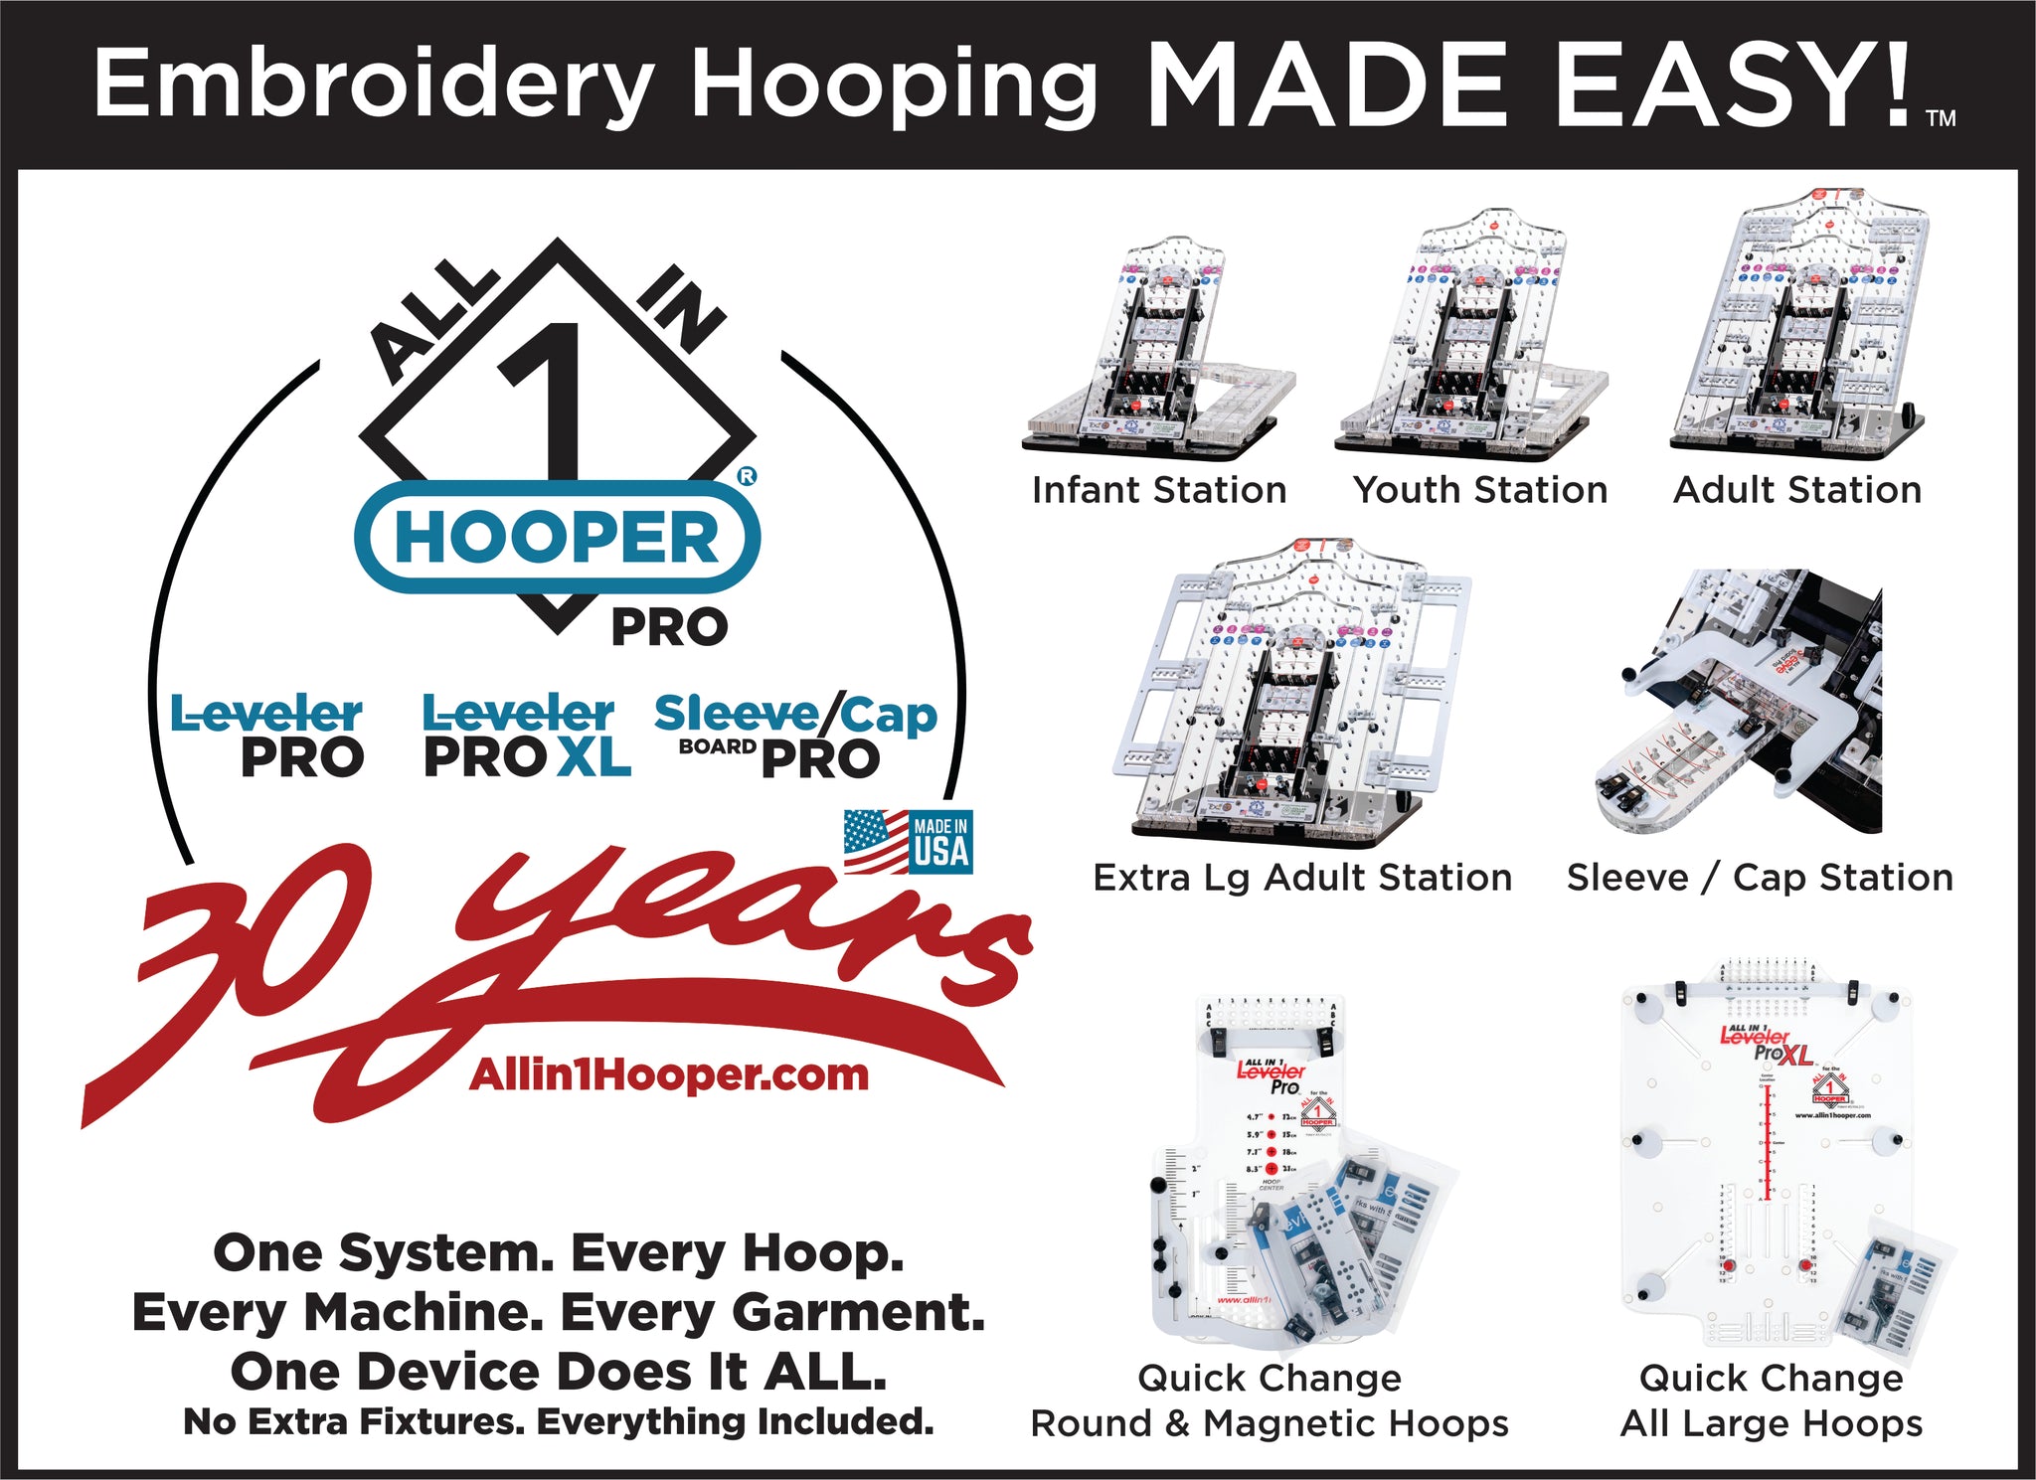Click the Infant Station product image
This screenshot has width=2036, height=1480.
[x=1158, y=348]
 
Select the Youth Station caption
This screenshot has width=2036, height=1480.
[x=1480, y=490]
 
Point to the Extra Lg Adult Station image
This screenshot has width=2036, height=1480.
[x=1300, y=691]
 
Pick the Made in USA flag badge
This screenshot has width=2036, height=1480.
[x=908, y=841]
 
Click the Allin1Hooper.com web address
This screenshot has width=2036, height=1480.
[x=669, y=1074]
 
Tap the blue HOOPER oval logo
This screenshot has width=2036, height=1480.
[x=557, y=538]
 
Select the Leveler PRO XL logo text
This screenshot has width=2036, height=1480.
[x=527, y=736]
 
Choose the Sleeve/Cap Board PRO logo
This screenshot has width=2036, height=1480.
[x=795, y=736]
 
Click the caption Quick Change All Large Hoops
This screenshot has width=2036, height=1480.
[x=1772, y=1401]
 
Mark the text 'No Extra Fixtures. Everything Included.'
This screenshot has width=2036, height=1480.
[x=559, y=1422]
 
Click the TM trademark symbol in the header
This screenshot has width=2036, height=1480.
[x=1941, y=119]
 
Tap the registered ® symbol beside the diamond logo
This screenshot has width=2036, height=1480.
[x=747, y=476]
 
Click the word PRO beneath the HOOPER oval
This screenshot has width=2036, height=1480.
[x=669, y=628]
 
